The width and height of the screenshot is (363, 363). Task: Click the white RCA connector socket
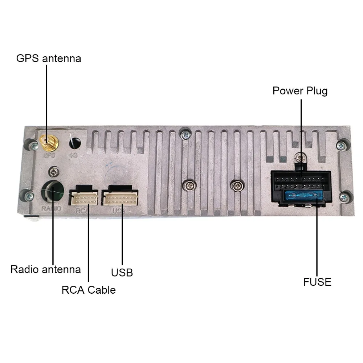85,198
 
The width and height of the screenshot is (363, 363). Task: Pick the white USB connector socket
119,198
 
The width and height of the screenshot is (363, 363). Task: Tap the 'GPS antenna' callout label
49,58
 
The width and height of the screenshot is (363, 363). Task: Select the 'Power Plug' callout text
300,90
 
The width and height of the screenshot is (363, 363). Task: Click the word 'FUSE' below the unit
317,282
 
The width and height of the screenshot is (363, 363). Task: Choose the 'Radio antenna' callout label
46,269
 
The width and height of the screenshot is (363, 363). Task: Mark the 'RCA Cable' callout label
89,290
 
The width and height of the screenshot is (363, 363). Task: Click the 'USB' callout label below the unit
122,272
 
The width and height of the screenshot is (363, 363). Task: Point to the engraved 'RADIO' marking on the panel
51,209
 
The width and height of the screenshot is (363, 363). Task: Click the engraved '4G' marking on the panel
75,156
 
